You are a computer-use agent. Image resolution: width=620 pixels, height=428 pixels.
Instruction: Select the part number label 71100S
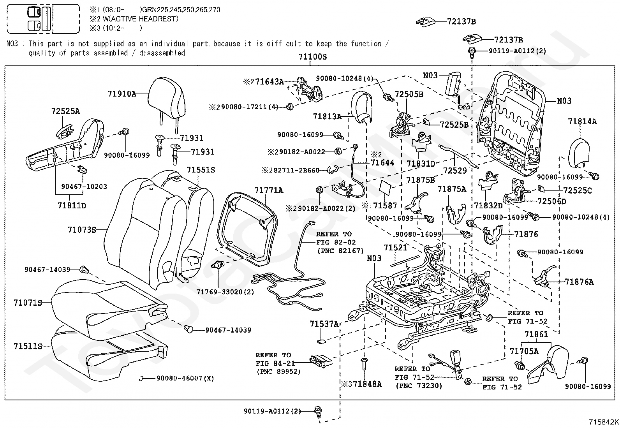click(x=312, y=57)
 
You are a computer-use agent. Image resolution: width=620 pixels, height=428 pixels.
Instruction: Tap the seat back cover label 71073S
click(x=82, y=230)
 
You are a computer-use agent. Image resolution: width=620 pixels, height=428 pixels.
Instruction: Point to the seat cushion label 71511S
click(x=28, y=346)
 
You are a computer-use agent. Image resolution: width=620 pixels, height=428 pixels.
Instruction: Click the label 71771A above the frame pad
click(x=269, y=190)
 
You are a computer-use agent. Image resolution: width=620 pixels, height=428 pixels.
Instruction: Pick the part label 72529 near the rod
click(x=454, y=171)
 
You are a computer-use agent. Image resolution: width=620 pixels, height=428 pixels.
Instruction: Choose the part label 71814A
click(x=582, y=122)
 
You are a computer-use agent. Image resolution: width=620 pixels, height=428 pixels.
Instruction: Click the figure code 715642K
click(x=603, y=422)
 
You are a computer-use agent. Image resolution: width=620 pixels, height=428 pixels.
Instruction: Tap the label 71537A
click(x=324, y=324)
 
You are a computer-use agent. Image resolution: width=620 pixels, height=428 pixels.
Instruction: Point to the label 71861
click(x=536, y=334)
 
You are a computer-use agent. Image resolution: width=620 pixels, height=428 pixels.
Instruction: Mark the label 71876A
click(x=579, y=282)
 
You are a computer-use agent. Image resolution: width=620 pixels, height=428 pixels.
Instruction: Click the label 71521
click(x=395, y=248)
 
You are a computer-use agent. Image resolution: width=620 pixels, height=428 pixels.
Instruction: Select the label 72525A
click(x=65, y=111)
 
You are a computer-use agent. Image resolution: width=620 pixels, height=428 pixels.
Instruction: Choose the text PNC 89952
click(x=278, y=372)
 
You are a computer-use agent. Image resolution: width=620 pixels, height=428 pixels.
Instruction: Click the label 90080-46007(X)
click(x=185, y=378)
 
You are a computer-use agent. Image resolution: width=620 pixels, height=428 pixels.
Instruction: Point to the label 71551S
click(x=201, y=170)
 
